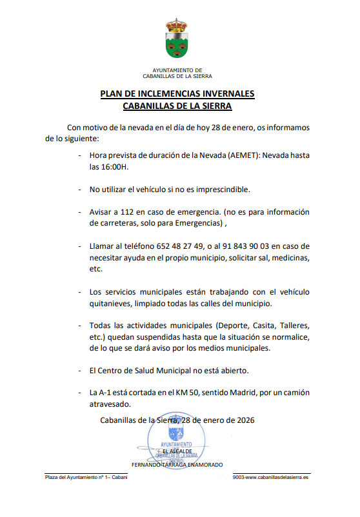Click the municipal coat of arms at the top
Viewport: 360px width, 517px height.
click(x=177, y=44)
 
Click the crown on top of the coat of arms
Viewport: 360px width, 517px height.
click(x=177, y=25)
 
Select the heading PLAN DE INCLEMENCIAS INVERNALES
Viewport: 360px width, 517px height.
click(x=177, y=93)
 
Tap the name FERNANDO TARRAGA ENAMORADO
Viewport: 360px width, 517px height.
click(x=177, y=465)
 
